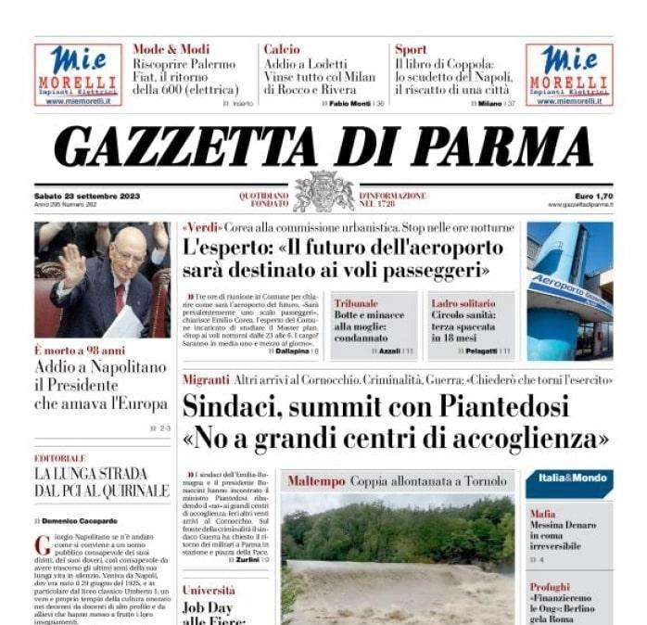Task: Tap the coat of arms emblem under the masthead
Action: [323, 191]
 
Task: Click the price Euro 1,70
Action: [592, 196]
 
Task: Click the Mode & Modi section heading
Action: [171, 49]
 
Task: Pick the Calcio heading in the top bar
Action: [281, 49]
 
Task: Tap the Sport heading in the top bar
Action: [411, 49]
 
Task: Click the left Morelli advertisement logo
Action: [78, 74]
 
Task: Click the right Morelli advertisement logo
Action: [569, 74]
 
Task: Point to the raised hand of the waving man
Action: [71, 263]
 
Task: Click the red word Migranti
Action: [206, 379]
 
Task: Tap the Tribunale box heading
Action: [356, 303]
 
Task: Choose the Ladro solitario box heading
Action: [463, 303]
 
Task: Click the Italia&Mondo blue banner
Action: [569, 478]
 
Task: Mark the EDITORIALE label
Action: [60, 458]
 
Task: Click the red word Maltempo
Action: [316, 481]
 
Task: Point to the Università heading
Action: [209, 590]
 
